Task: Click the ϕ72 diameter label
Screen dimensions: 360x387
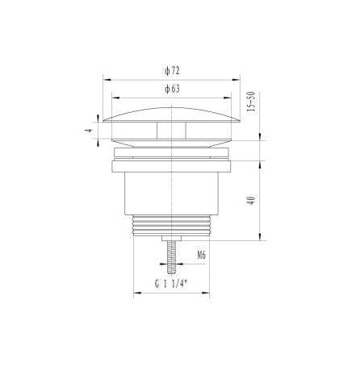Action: [x=172, y=71]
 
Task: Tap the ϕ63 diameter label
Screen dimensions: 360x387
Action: [x=172, y=89]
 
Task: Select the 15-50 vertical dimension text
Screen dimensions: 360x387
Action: [x=251, y=102]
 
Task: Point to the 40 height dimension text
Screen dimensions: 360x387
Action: [x=251, y=201]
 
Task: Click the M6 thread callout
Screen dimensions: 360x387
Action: [x=202, y=255]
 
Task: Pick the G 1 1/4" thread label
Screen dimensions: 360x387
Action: [x=171, y=284]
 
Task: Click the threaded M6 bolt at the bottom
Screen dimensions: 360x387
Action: [x=171, y=257]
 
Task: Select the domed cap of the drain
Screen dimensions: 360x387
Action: [x=171, y=115]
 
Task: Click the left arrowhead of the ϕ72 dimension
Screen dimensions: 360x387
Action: [x=107, y=80]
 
